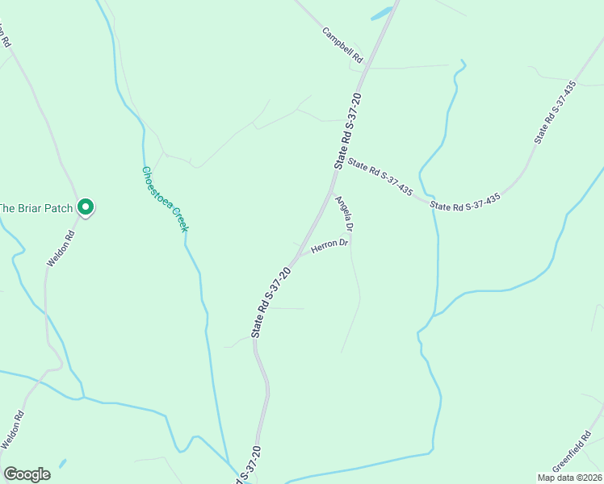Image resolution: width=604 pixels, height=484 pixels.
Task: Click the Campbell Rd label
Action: coord(343,46)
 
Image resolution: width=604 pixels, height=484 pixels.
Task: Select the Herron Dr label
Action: coord(329,246)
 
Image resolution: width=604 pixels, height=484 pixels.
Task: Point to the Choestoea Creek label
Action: coord(165,199)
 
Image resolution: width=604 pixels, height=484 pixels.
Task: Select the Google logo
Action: coord(27,474)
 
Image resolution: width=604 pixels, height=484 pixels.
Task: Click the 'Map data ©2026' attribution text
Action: coord(569,478)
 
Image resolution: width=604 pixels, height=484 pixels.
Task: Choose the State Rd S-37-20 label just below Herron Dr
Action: coord(271,298)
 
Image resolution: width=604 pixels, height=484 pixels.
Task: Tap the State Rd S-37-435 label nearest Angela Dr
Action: coord(380,177)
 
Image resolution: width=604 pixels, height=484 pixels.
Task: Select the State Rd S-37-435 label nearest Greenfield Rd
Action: coord(466,202)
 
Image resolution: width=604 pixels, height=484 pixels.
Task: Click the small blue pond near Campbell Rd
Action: coord(381,13)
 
